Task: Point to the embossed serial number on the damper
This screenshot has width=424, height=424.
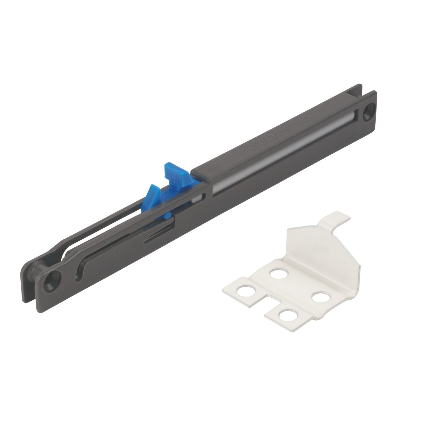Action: [280, 133]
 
